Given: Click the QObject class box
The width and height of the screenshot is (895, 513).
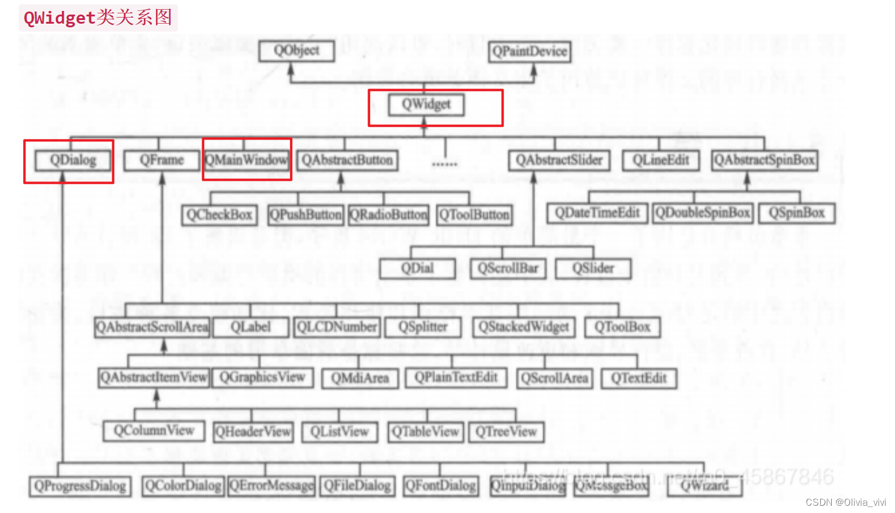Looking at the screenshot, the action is click(x=297, y=51).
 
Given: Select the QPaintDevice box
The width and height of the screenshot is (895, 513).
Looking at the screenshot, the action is click(x=530, y=52).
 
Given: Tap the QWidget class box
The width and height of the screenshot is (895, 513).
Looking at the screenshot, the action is click(x=426, y=105).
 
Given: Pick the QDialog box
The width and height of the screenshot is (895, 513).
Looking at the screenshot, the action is click(x=73, y=160).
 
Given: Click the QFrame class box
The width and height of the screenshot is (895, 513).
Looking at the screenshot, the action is click(x=162, y=160).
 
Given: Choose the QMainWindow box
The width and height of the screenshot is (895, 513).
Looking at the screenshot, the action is click(x=247, y=160).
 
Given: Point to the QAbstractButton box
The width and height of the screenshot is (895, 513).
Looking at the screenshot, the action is click(x=348, y=160).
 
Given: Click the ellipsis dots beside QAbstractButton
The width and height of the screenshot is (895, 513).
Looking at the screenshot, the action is click(x=444, y=164).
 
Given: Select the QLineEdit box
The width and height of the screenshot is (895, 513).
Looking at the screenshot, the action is click(x=660, y=160).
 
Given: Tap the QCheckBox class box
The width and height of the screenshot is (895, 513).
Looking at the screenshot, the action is click(x=219, y=215).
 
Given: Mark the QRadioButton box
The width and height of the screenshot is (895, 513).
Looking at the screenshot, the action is click(x=389, y=215).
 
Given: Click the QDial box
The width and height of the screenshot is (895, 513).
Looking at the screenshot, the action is click(x=417, y=268).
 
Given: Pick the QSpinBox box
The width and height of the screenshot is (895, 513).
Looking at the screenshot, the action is click(x=797, y=213).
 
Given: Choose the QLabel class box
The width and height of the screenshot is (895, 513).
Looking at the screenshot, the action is click(x=250, y=327).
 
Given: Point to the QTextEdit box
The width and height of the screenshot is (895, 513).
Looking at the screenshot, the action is click(x=639, y=378).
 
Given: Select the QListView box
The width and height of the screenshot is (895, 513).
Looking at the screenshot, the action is click(x=340, y=432).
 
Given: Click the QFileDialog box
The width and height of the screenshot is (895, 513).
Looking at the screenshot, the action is click(x=357, y=486).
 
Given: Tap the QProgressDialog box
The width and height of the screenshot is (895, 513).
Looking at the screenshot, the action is click(x=80, y=486).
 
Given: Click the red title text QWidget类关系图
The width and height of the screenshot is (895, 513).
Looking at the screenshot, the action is click(x=98, y=18).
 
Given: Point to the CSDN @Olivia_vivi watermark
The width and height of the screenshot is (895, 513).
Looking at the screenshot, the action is click(x=846, y=502).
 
